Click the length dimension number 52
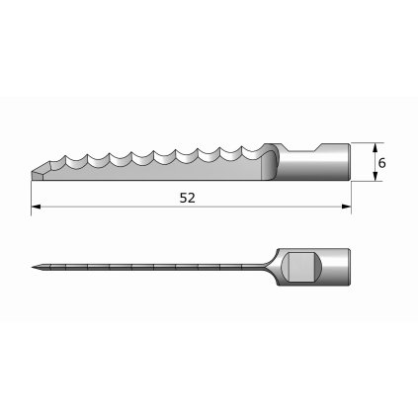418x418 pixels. tap(188, 198)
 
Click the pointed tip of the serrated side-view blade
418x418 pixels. tap(33, 168)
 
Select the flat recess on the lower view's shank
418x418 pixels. tap(301, 267)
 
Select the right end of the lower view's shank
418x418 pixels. tap(348, 268)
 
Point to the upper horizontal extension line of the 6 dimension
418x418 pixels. tap(363, 143)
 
